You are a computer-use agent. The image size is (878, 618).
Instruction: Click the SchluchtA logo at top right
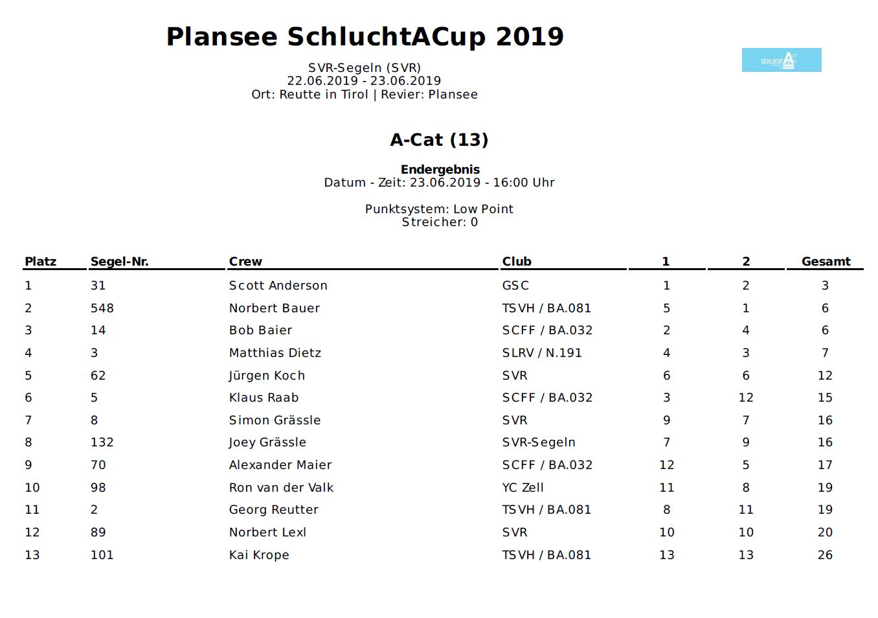coord(781,60)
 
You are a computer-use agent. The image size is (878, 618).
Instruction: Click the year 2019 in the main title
coord(530,37)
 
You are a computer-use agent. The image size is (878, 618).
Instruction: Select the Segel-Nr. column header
coord(119,262)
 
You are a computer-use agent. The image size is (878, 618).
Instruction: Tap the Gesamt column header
coord(826,262)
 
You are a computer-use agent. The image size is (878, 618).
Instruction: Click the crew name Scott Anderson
coord(278,286)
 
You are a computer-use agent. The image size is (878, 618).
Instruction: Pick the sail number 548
coord(102,308)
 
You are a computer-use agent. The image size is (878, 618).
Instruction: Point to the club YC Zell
coord(523,488)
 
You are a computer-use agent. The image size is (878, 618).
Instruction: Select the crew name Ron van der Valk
coord(281,488)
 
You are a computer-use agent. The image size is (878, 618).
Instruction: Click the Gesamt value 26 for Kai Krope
coord(825,555)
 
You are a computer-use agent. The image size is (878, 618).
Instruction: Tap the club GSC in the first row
coord(515,286)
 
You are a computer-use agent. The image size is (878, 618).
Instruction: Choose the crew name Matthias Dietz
coord(275,353)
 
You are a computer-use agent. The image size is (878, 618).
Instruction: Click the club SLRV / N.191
coord(542,353)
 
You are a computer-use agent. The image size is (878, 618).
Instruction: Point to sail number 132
coord(102,442)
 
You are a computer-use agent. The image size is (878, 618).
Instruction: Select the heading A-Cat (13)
coord(439,140)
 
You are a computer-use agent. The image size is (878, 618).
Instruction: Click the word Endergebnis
coord(440,170)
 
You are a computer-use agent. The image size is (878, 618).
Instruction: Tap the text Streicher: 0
coord(440,222)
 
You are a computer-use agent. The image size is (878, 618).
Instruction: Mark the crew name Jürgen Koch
coord(267,376)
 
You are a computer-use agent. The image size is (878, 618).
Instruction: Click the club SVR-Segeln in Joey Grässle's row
coord(539,442)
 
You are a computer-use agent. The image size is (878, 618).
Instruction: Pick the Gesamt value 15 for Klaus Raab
coord(825,398)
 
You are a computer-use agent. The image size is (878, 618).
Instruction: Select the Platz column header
coord(40,262)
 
